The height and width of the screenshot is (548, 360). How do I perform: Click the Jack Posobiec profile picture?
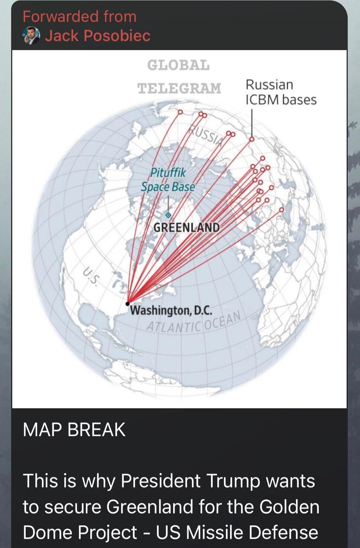(31, 36)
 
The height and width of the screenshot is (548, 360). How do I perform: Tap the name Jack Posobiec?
(98, 36)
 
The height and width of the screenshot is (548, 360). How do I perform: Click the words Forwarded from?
(80, 17)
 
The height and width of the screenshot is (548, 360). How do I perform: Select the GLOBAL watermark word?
(179, 65)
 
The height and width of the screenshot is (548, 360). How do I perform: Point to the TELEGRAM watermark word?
(179, 88)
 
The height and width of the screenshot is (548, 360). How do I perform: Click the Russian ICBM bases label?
(280, 92)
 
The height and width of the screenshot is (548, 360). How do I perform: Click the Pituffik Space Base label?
(168, 180)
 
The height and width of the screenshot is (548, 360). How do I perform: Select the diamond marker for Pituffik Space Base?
(168, 215)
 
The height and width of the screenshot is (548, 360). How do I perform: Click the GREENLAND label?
(187, 227)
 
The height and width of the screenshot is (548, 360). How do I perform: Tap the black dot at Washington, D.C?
(128, 304)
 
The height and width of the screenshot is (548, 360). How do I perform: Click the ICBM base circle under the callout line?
(252, 139)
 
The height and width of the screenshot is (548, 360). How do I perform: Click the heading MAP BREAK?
(74, 430)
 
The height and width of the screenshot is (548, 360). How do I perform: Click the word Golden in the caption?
(289, 507)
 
